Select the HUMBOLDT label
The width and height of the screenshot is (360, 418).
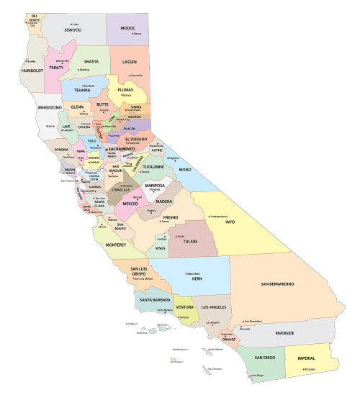[x=33, y=71]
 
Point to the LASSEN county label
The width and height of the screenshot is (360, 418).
[x=129, y=63]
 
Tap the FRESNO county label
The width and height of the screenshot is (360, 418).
[x=171, y=216]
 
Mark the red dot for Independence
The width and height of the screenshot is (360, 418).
[x=210, y=215]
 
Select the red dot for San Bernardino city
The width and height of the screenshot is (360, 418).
[x=244, y=321]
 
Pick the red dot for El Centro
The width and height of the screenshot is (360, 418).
[x=305, y=369]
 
